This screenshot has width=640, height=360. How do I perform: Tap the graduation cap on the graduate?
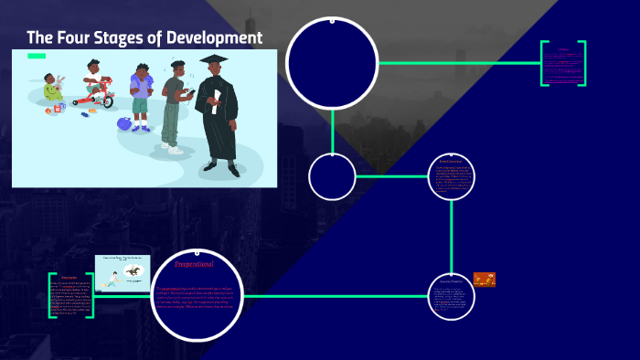click(x=214, y=61)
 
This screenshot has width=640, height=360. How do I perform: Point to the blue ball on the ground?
click(x=124, y=123)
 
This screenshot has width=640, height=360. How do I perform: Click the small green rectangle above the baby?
click(x=37, y=56)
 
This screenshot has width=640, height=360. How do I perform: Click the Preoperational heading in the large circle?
click(x=194, y=265)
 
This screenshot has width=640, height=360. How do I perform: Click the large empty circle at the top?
click(x=332, y=63)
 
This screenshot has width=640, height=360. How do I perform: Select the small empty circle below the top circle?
click(x=332, y=177)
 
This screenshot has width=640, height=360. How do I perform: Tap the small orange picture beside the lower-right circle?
click(x=485, y=280)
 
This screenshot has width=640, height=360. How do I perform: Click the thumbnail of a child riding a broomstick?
click(x=122, y=271)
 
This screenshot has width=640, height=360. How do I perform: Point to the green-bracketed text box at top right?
click(x=562, y=63)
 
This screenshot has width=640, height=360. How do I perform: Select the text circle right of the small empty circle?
click(x=452, y=176)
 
